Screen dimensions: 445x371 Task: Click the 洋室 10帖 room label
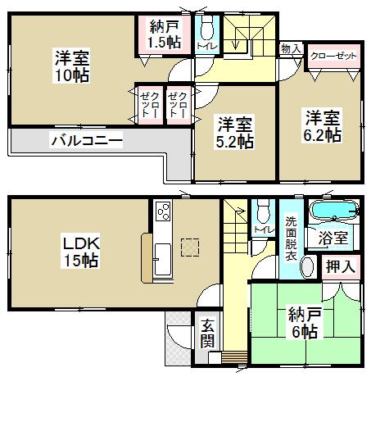pos(72,66)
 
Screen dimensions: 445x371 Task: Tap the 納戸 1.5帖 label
pos(164,34)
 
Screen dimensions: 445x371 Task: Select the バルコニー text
pos(88,141)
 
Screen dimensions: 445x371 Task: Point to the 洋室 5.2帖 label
pos(234,132)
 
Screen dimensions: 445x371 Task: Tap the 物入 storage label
pos(291,49)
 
